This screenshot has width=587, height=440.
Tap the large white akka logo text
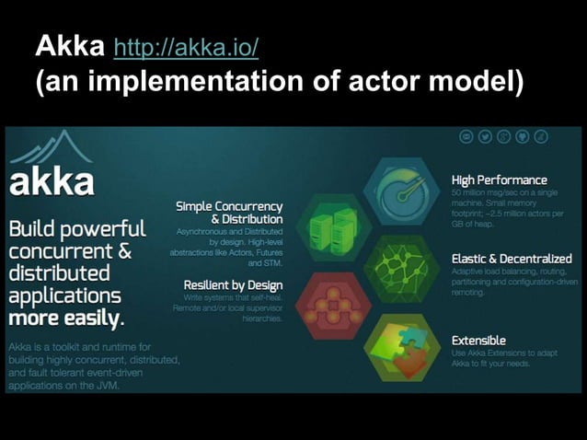52,180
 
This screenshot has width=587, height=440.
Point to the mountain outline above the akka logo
52,147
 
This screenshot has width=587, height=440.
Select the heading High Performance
499,179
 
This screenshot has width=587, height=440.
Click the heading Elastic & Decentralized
511,259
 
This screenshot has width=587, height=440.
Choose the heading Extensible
478,340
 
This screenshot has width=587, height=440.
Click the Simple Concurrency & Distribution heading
229,213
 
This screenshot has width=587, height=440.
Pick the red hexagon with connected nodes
334,305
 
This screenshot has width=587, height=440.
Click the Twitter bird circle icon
486,137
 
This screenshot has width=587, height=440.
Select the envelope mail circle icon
467,137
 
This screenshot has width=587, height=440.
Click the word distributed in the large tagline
59,273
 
